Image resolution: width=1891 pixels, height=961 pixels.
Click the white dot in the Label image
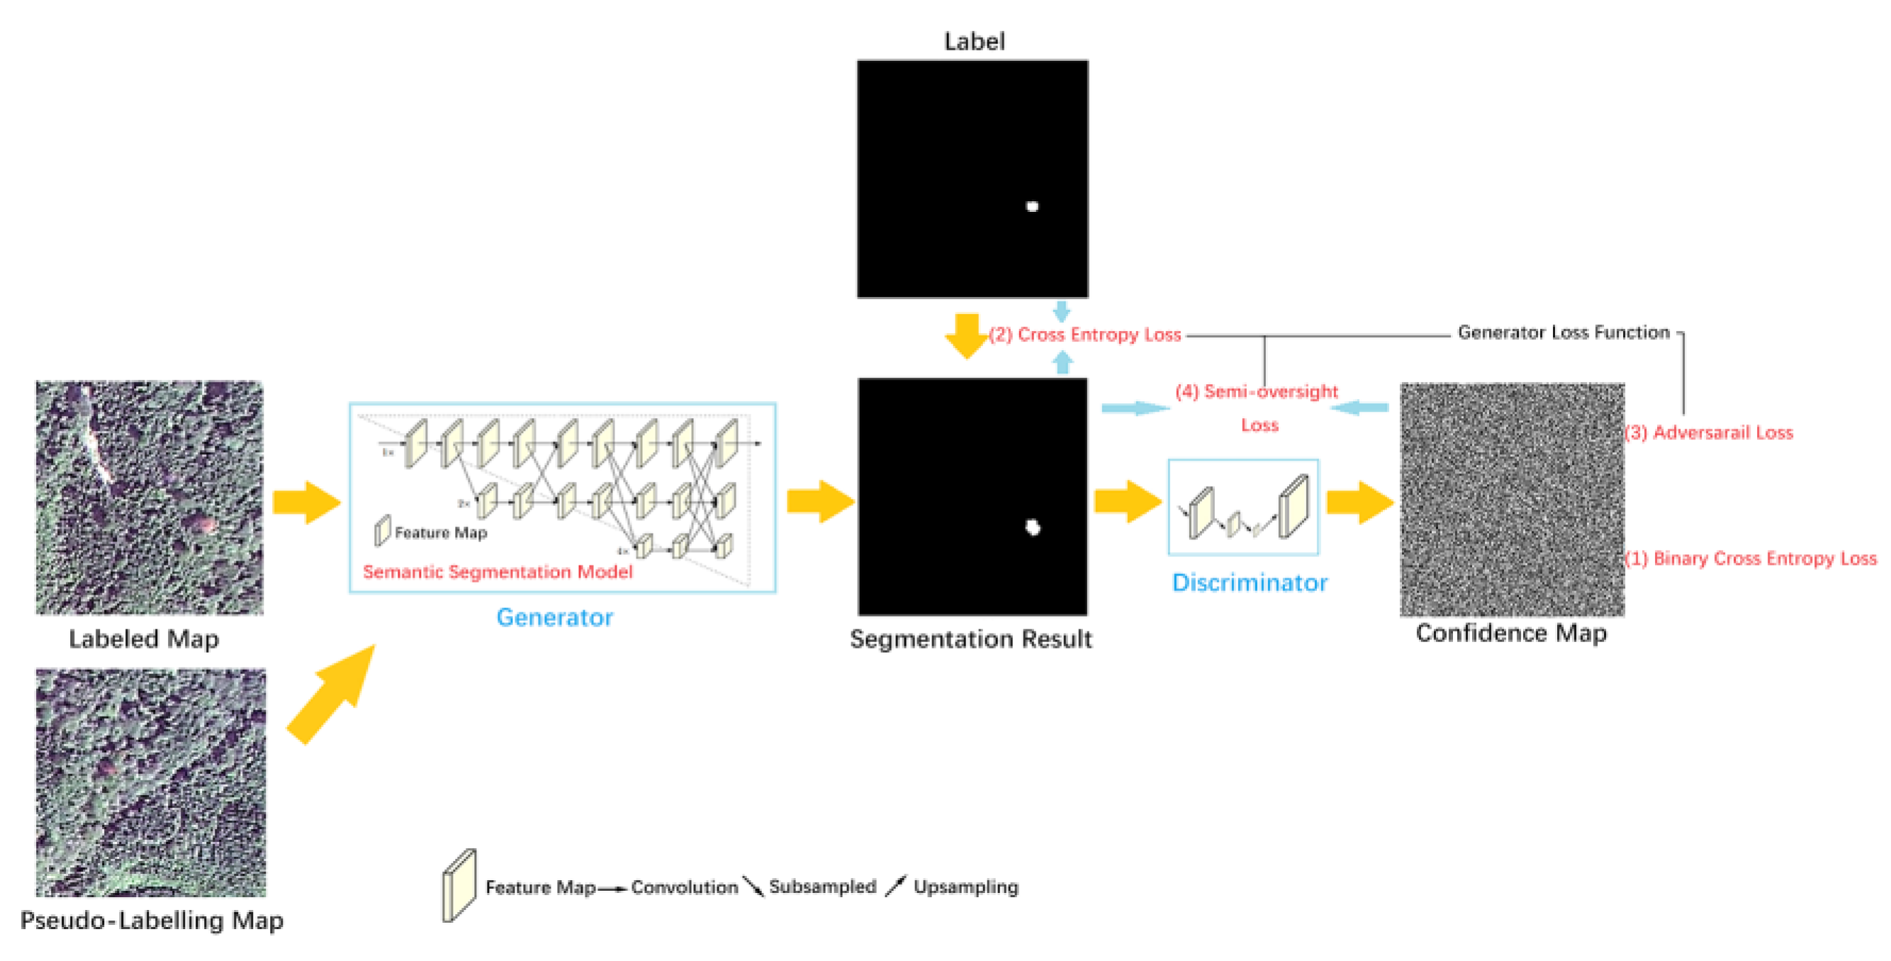pyautogui.click(x=1032, y=206)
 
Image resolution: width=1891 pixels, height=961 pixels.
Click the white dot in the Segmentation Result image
pyautogui.click(x=1033, y=527)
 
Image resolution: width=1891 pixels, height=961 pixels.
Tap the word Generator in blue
pyautogui.click(x=554, y=617)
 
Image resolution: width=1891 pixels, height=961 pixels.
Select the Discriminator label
pyautogui.click(x=1250, y=582)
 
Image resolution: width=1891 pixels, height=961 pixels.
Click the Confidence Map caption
pyautogui.click(x=1511, y=633)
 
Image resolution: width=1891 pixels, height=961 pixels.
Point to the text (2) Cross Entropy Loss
pyautogui.click(x=1085, y=335)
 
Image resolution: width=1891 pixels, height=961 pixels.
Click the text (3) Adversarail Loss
pyautogui.click(x=1708, y=432)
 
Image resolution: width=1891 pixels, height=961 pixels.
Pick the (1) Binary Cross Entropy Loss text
pyautogui.click(x=1750, y=558)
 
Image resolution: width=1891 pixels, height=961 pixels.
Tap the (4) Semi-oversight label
pyautogui.click(x=1256, y=391)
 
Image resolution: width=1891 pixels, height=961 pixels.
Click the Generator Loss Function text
pyautogui.click(x=1564, y=332)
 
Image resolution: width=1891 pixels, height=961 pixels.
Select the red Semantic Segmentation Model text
pyautogui.click(x=497, y=572)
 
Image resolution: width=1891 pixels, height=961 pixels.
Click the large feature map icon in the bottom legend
pyautogui.click(x=459, y=885)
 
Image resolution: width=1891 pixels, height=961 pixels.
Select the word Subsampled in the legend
pyautogui.click(x=822, y=887)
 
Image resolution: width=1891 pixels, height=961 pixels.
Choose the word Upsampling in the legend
pyautogui.click(x=965, y=887)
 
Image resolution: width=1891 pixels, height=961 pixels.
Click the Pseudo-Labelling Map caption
pyautogui.click(x=152, y=921)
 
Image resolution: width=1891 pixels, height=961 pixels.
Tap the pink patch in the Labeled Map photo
pyautogui.click(x=203, y=524)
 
